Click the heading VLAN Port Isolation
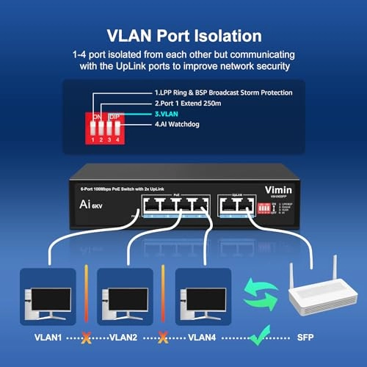pos(183,34)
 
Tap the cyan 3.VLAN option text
pos(168,115)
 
